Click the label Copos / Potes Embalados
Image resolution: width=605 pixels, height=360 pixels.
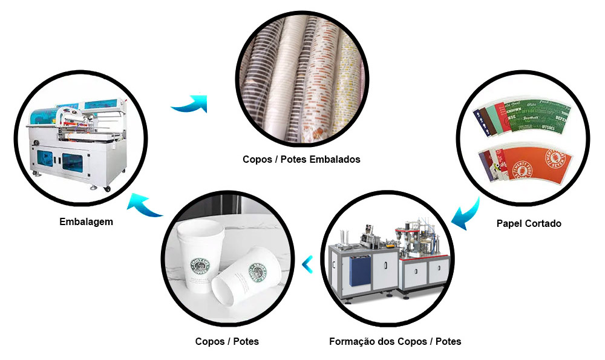tap(301, 160)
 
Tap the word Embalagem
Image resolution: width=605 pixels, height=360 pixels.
tap(86, 222)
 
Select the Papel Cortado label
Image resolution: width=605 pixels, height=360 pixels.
tap(529, 224)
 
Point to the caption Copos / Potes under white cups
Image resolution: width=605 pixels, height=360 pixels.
tap(227, 342)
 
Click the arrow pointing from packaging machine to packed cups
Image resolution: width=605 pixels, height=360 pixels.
tap(190, 104)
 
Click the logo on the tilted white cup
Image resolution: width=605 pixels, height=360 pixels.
tap(258, 272)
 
